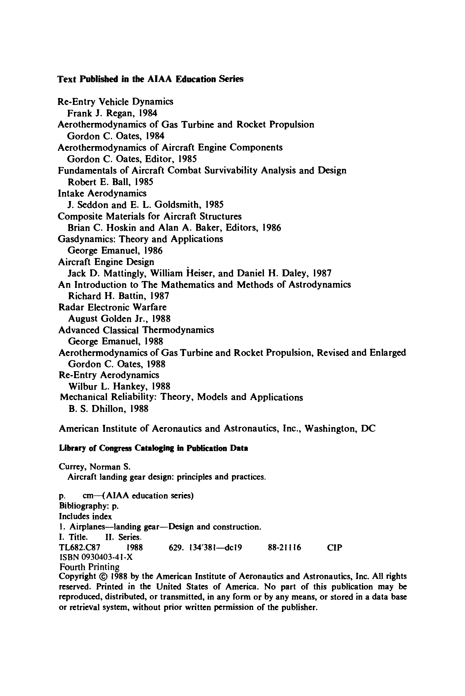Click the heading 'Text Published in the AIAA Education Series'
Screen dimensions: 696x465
150,79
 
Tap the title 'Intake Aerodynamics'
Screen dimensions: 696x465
102,193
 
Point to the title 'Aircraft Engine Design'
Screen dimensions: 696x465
106,262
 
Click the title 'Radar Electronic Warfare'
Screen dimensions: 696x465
112,307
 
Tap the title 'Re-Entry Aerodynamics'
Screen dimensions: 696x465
109,375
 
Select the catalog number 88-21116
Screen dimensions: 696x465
284,548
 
